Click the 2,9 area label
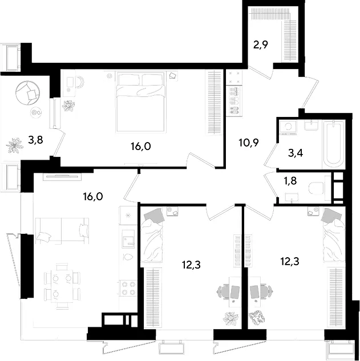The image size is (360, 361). [x=261, y=44]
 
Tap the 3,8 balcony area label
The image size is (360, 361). [x=35, y=140]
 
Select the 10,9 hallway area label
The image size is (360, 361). [x=249, y=143]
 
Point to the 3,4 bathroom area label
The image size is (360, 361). [x=296, y=153]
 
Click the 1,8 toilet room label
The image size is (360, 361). [x=290, y=181]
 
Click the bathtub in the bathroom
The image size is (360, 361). [x=334, y=144]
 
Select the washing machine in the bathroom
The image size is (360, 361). [x=288, y=127]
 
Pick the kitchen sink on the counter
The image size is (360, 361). [x=128, y=239]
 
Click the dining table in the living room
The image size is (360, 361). [x=62, y=286]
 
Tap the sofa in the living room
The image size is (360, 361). [x=62, y=231]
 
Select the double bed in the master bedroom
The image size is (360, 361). [x=141, y=102]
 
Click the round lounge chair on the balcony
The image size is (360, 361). [x=27, y=92]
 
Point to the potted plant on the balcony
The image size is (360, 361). [x=15, y=145]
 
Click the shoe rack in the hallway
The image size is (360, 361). [x=234, y=100]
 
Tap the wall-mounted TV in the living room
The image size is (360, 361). [x=62, y=176]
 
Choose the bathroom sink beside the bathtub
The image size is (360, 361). [x=312, y=125]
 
